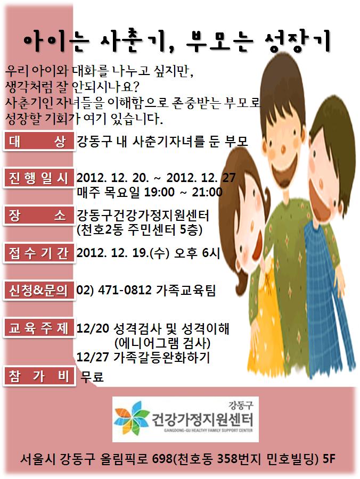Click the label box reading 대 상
(39, 141)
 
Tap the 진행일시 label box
(39, 178)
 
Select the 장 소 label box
(39, 216)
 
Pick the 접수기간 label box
(39, 253)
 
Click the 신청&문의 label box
(39, 290)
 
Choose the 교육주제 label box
(39, 328)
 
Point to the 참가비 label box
(39, 376)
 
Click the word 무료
(92, 376)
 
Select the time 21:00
(207, 192)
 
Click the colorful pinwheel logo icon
(132, 418)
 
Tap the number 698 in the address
(162, 459)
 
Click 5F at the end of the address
(329, 459)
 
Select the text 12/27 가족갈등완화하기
(143, 357)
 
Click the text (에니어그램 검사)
(162, 343)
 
